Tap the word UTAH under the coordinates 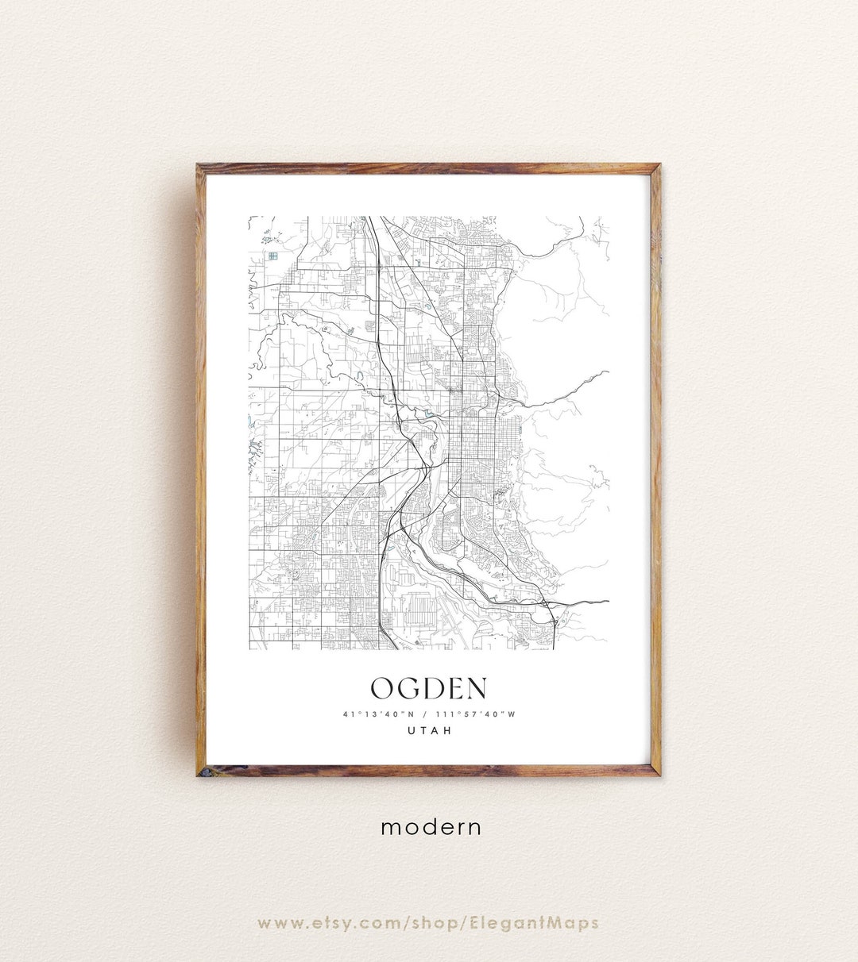(x=429, y=731)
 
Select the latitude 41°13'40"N (x=373, y=714)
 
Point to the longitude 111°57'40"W (x=475, y=714)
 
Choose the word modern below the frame (x=431, y=827)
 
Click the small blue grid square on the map (x=272, y=256)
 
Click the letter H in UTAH (x=449, y=731)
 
